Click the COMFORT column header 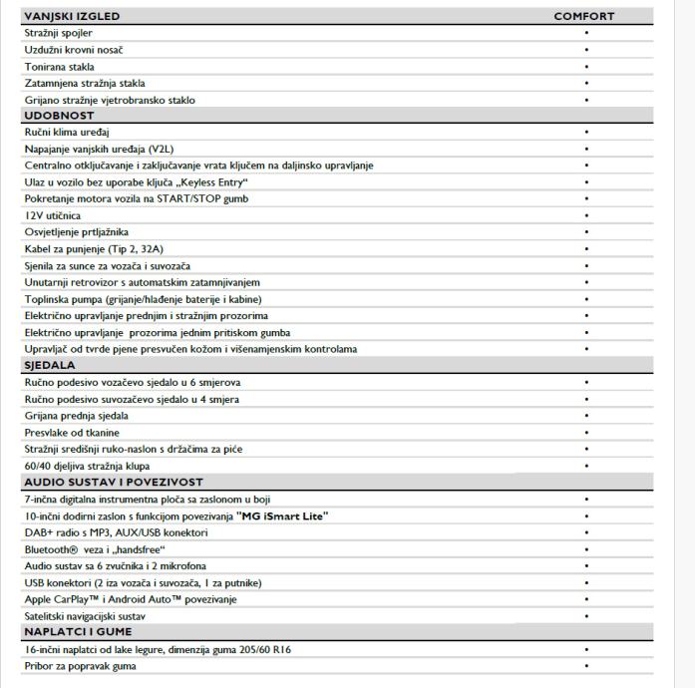584,16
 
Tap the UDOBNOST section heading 59,116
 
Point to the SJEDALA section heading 51,365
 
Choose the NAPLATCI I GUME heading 78,632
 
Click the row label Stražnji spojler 59,33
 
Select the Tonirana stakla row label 60,66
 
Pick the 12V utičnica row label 53,215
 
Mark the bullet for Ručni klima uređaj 586,132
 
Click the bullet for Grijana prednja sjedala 586,415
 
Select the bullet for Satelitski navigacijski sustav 586,615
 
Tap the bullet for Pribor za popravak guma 586,665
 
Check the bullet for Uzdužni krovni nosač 586,49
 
